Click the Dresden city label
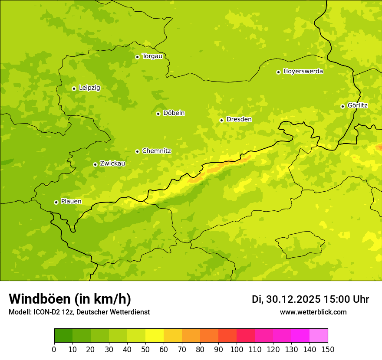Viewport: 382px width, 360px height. (x=239, y=119)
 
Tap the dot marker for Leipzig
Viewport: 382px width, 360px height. (x=74, y=88)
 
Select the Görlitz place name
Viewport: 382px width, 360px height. (x=357, y=105)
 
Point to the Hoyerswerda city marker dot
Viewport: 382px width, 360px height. (x=278, y=72)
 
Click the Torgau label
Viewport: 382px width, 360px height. (x=152, y=56)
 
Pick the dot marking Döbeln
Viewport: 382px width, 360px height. (x=158, y=114)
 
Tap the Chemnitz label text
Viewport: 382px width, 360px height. (x=156, y=151)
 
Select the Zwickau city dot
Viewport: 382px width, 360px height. (x=95, y=164)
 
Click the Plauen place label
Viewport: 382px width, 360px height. (x=71, y=202)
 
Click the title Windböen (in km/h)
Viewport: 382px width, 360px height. (x=70, y=299)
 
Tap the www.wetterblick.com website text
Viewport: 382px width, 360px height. (x=313, y=312)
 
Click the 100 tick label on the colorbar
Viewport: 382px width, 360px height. (x=237, y=349)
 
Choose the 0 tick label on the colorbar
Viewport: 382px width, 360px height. (x=54, y=349)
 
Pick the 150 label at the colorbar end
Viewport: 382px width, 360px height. (x=328, y=349)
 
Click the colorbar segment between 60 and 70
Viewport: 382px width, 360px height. (x=173, y=336)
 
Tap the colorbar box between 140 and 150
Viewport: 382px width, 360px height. (x=319, y=336)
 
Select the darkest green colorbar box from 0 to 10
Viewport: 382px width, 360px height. (x=63, y=336)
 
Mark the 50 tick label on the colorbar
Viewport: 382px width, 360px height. (x=145, y=349)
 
